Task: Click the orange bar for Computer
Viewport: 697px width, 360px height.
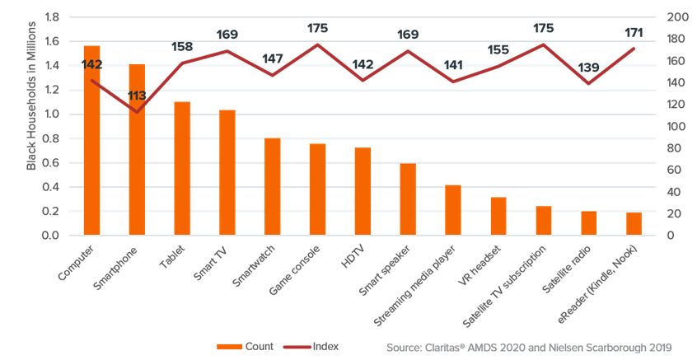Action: click(91, 140)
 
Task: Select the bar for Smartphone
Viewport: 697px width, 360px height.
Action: click(137, 149)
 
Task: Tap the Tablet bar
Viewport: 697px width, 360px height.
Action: click(182, 168)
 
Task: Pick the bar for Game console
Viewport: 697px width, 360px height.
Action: click(317, 189)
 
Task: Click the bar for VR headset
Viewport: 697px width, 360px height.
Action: click(498, 216)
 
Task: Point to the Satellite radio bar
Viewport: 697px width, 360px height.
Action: click(588, 223)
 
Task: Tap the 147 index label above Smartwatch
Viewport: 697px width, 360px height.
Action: click(273, 59)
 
